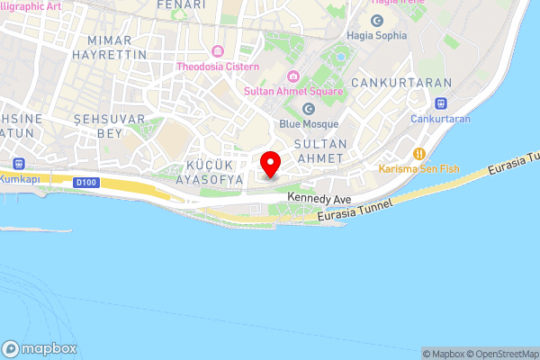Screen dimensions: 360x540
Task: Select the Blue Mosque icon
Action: point(308,109)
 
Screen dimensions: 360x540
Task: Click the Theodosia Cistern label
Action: point(218,67)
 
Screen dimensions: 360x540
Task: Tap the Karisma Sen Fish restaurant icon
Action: point(418,153)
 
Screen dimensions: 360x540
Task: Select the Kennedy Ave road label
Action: point(319,196)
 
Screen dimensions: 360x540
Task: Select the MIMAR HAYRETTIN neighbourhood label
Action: point(117,48)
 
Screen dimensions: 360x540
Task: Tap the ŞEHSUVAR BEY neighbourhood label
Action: point(97,126)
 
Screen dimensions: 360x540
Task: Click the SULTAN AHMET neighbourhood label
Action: point(321,149)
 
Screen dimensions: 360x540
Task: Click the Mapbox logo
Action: point(40,349)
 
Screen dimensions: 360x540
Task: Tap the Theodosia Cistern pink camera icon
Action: point(218,50)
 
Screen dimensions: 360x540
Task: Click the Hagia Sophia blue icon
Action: point(376,20)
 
